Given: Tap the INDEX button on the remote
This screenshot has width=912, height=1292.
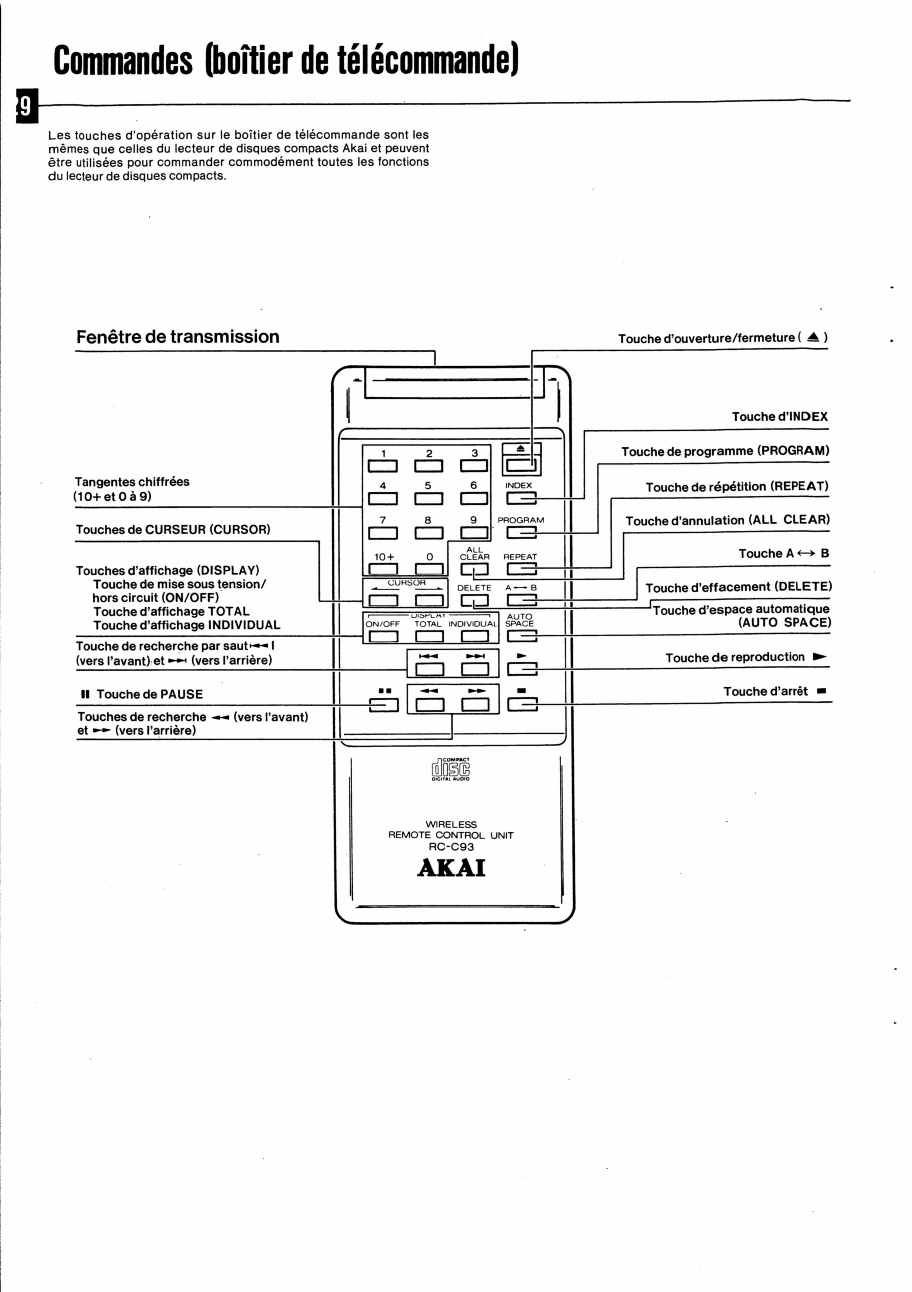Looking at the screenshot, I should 521,498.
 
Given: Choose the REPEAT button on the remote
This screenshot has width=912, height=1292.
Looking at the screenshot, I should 521,569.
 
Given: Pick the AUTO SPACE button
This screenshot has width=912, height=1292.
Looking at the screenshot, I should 521,636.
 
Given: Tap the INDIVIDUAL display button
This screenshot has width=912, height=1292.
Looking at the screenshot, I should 475,636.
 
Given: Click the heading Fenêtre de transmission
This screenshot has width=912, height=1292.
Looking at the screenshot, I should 178,336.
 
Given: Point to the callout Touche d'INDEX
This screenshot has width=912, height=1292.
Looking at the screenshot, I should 780,416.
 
